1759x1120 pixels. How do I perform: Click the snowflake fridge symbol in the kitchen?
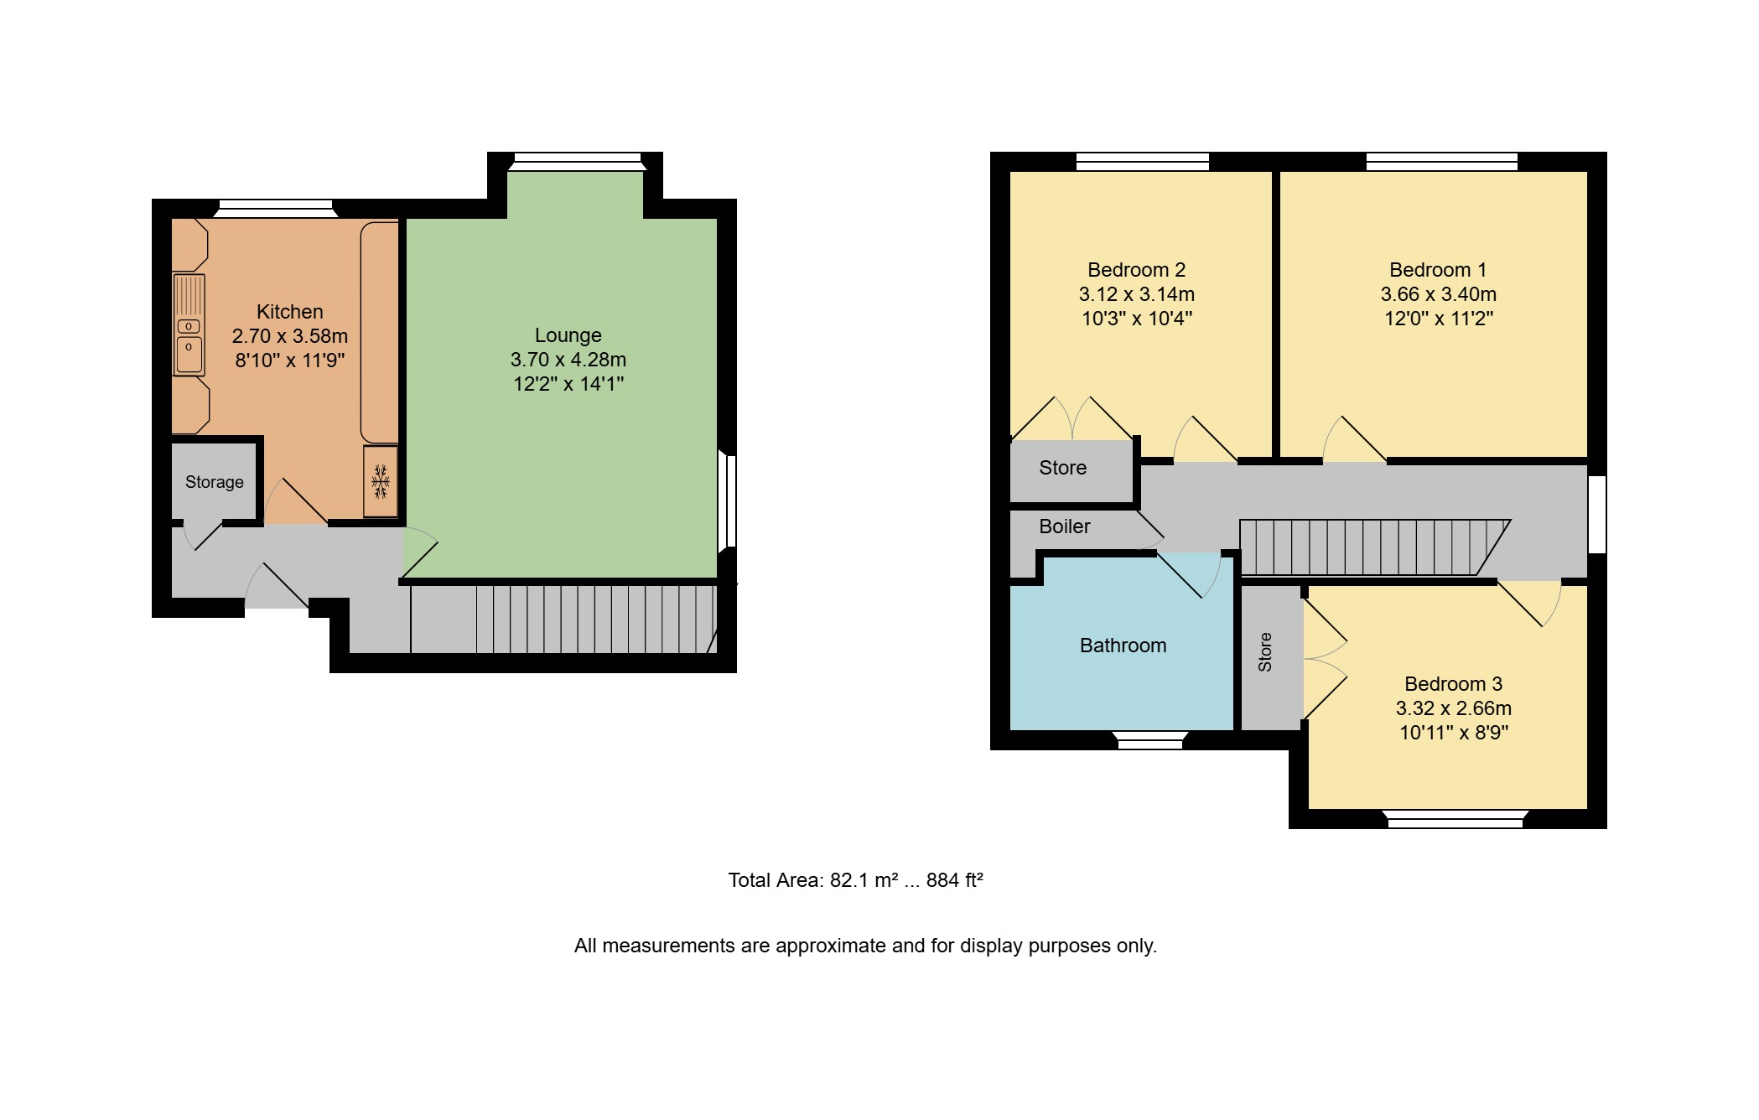pyautogui.click(x=381, y=482)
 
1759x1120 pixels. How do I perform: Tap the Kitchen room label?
pyautogui.click(x=289, y=312)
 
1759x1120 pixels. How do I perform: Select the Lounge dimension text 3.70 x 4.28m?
pyautogui.click(x=568, y=360)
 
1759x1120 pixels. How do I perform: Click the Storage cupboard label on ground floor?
pyautogui.click(x=215, y=482)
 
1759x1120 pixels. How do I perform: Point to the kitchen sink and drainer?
pyautogui.click(x=189, y=324)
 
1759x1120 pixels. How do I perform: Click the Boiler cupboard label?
pyautogui.click(x=1065, y=526)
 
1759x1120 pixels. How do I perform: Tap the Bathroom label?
pyautogui.click(x=1123, y=646)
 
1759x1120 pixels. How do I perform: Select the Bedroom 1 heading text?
pyautogui.click(x=1438, y=270)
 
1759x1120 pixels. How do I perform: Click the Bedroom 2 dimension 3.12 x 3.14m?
pyautogui.click(x=1137, y=294)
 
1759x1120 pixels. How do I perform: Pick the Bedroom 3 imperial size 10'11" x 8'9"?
pyautogui.click(x=1454, y=733)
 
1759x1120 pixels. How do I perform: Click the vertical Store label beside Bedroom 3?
pyautogui.click(x=1265, y=652)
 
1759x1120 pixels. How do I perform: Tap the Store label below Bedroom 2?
pyautogui.click(x=1063, y=468)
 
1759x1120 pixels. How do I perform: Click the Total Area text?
pyautogui.click(x=855, y=880)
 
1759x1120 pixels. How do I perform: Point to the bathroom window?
pyautogui.click(x=1150, y=740)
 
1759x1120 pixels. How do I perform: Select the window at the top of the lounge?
pyautogui.click(x=578, y=162)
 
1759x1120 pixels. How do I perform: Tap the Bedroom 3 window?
pyautogui.click(x=1455, y=819)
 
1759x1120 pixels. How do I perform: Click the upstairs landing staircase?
pyautogui.click(x=1375, y=547)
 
